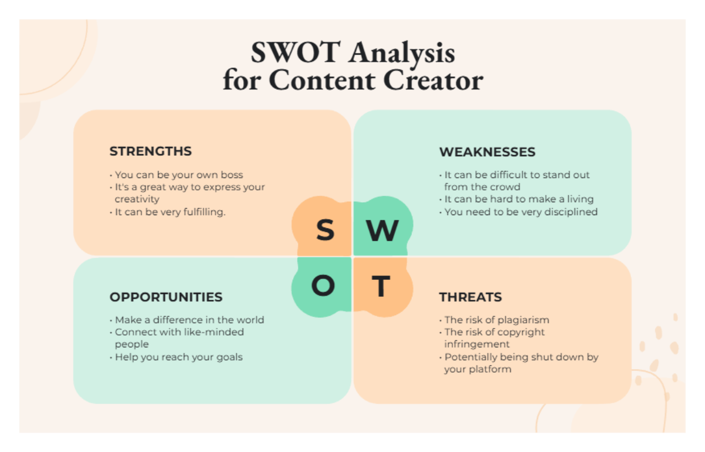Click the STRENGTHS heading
(x=150, y=151)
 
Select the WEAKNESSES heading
(x=487, y=152)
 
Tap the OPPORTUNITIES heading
(x=166, y=297)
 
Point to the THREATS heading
(x=471, y=297)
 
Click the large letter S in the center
(x=325, y=230)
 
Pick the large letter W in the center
(x=382, y=231)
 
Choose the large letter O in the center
(x=323, y=286)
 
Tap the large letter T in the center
(x=381, y=286)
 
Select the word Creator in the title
(x=434, y=80)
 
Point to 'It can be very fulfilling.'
(x=170, y=212)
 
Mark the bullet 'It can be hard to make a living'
(x=519, y=199)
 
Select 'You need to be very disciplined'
(x=521, y=212)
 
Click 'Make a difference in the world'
(x=189, y=320)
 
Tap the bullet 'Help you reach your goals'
(x=179, y=357)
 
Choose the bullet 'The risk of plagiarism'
(x=496, y=320)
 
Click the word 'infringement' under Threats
(x=477, y=344)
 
